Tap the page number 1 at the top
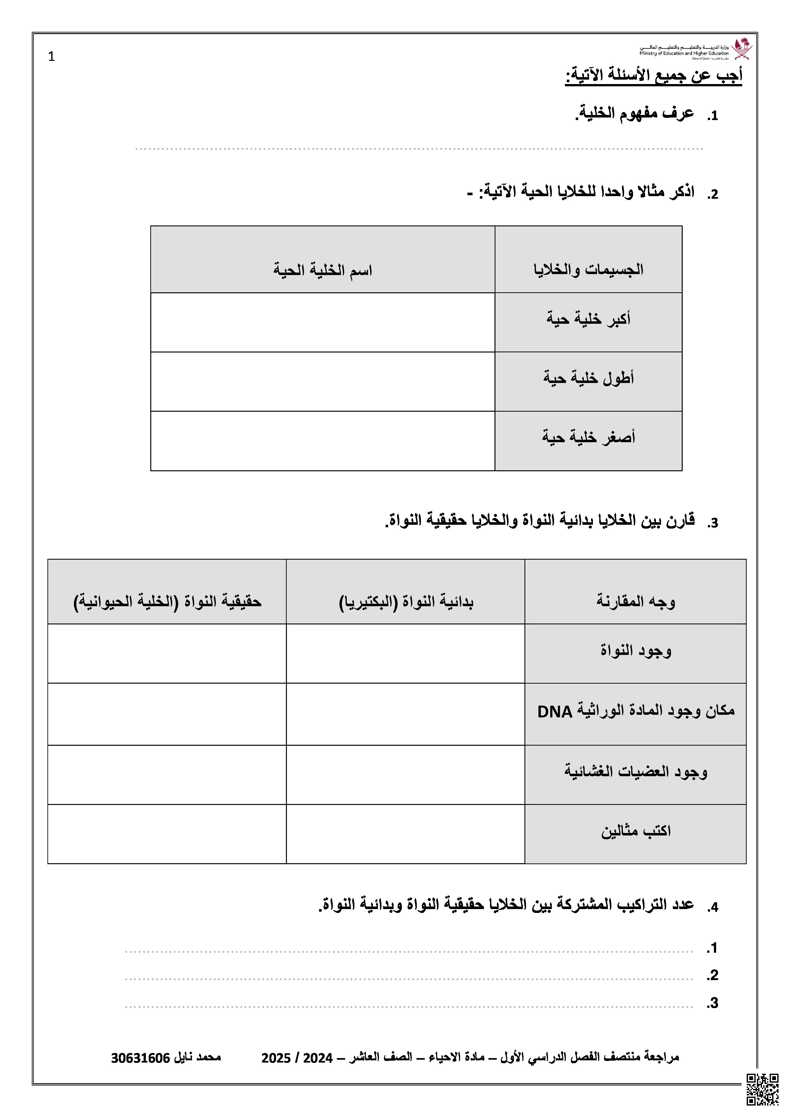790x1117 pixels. [52, 57]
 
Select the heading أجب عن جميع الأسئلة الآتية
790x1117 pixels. [653, 76]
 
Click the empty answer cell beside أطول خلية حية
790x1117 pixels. [323, 381]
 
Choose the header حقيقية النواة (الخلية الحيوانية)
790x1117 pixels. [167, 602]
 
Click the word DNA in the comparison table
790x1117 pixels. [555, 712]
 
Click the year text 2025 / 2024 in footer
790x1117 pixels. [297, 1058]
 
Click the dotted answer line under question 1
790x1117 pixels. [418, 148]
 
